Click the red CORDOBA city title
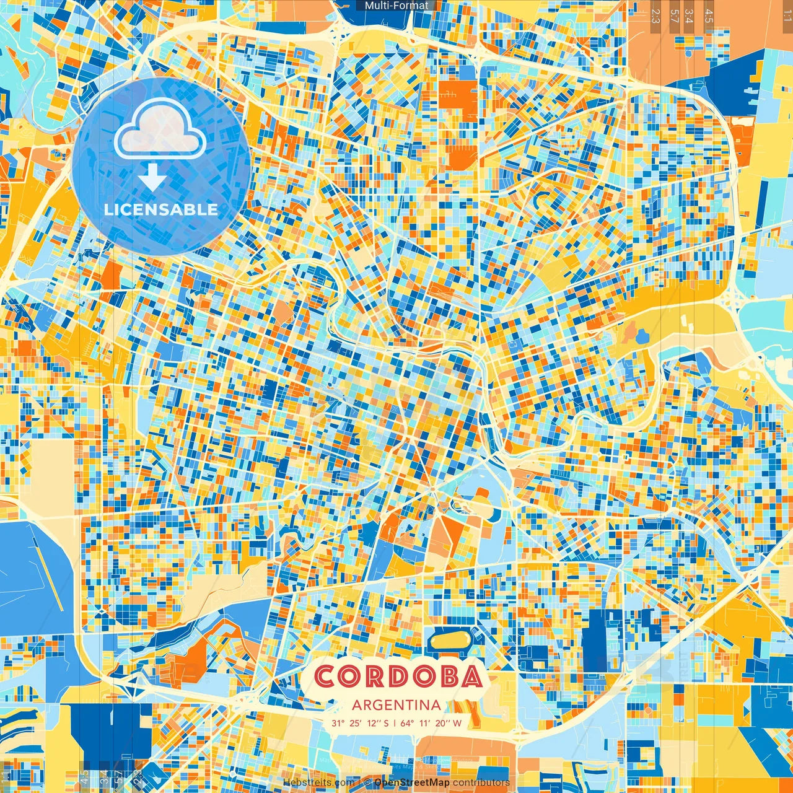pos(398,677)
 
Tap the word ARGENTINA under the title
pos(396,705)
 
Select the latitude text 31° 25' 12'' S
pos(360,723)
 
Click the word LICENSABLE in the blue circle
pos(161,209)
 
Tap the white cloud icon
pos(160,129)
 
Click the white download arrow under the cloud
pos(152,177)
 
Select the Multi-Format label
pos(396,6)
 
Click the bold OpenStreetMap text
pos(412,782)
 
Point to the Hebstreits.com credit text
pos(318,782)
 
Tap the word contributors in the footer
pos(481,782)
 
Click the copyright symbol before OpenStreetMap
pos(367,782)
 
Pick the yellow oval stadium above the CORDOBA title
pos(451,639)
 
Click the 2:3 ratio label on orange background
pos(655,15)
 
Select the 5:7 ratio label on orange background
pos(674,15)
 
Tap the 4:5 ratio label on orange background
pos(709,15)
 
